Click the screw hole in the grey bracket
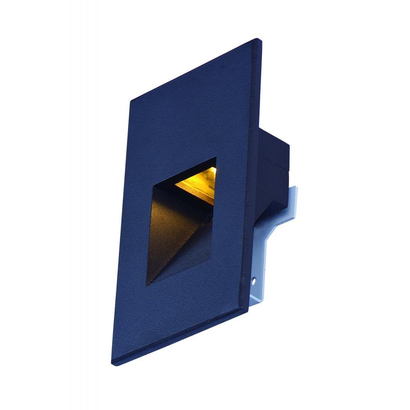tap(253, 282)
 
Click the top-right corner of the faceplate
tap(258, 40)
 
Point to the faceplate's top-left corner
tap(130, 101)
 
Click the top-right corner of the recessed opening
tap(216, 157)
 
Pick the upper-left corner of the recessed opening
tap(153, 187)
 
